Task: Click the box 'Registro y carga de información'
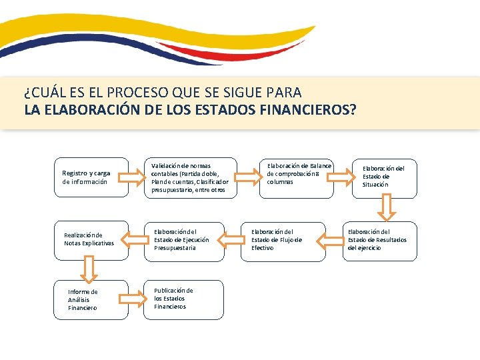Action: (x=91, y=177)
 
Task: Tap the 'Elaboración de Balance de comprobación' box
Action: (x=296, y=177)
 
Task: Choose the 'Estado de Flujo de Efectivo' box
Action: (x=283, y=240)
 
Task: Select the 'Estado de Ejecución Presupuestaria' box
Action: (x=184, y=240)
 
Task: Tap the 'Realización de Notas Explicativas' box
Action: (x=91, y=239)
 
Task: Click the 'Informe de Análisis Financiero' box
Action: (x=91, y=300)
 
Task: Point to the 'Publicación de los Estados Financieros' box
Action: (x=184, y=299)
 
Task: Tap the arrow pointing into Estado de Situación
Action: (x=344, y=175)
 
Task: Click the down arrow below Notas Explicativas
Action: (x=91, y=269)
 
